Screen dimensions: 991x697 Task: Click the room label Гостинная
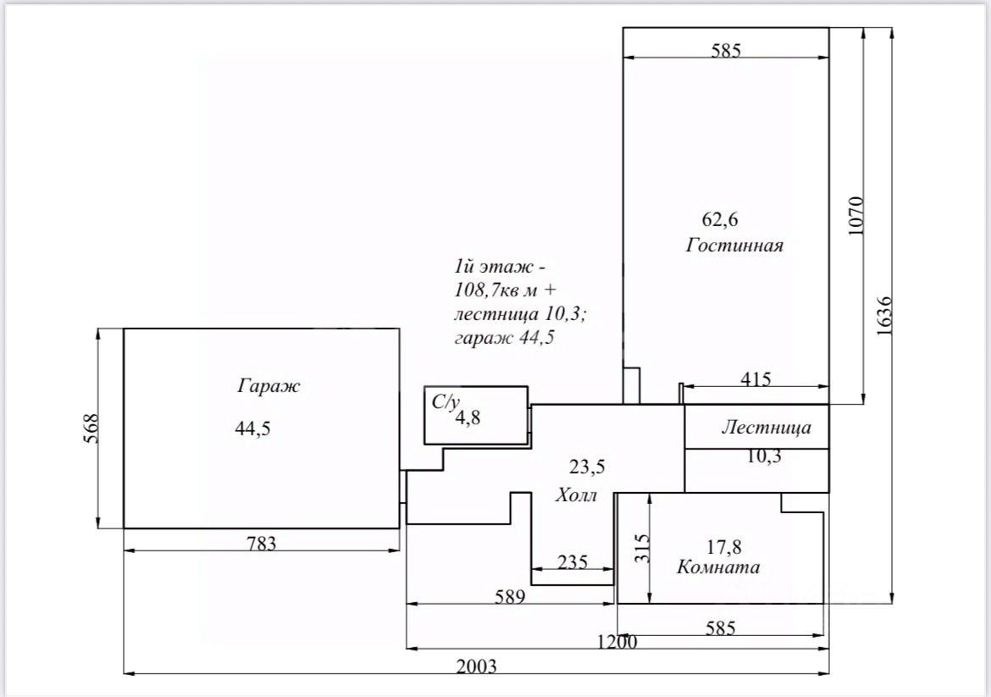[x=734, y=246]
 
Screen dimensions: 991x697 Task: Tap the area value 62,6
[x=720, y=219]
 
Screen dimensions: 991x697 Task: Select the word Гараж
[x=269, y=387]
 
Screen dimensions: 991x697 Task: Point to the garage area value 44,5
[x=252, y=429]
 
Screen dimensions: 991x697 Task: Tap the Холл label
[x=576, y=495]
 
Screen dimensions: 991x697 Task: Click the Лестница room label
[x=766, y=428]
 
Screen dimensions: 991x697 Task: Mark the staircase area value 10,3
[x=764, y=456]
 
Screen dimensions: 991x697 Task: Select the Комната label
[x=717, y=567]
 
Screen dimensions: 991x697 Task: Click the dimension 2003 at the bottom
[x=476, y=666]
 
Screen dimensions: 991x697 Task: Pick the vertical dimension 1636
[x=884, y=317]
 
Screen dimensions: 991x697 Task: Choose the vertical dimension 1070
[x=855, y=217]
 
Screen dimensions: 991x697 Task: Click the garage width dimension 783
[x=261, y=544]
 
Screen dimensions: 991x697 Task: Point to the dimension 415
[x=755, y=379]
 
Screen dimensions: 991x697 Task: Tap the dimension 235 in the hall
[x=573, y=561]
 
